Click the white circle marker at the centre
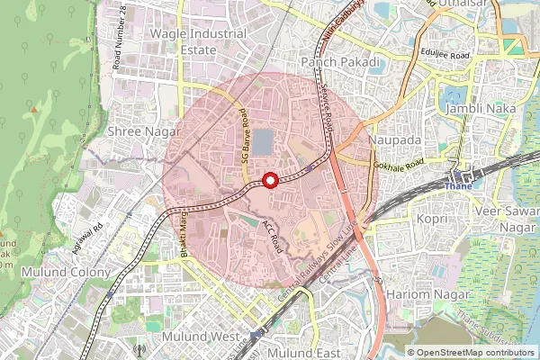pyautogui.click(x=269, y=180)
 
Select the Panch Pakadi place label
pyautogui.click(x=337, y=61)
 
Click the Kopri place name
pyautogui.click(x=431, y=219)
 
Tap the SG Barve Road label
pyautogui.click(x=245, y=140)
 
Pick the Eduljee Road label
pyautogui.click(x=441, y=55)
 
